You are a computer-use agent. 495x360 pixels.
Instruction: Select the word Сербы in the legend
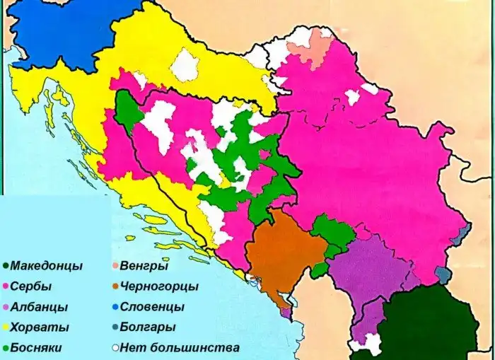31,287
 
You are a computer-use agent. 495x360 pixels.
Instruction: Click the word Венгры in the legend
144,267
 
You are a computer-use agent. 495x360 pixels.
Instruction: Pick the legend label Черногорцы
159,287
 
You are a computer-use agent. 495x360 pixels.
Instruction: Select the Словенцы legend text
152,308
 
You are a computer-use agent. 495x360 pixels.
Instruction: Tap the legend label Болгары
148,328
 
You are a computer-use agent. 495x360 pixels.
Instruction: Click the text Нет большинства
180,348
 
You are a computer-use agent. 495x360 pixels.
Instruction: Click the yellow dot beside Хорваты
6,328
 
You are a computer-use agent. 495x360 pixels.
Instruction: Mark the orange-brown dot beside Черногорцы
115,287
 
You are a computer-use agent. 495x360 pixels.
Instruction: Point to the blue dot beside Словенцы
115,308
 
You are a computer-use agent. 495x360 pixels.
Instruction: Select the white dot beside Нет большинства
115,348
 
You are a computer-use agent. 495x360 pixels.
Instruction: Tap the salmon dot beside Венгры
115,267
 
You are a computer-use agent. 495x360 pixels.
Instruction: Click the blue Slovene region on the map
57,32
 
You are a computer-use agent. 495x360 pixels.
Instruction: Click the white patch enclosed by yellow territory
186,66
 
